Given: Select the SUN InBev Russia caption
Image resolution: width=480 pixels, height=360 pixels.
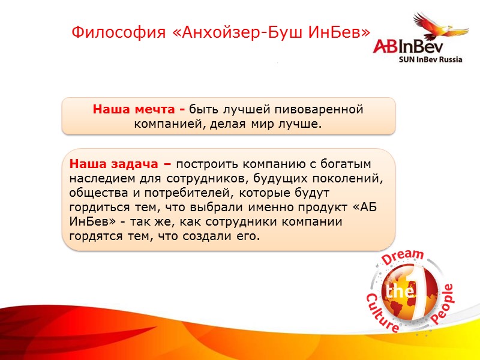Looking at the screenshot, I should click(431, 60).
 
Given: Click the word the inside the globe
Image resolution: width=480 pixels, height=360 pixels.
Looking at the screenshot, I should click(400, 292).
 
